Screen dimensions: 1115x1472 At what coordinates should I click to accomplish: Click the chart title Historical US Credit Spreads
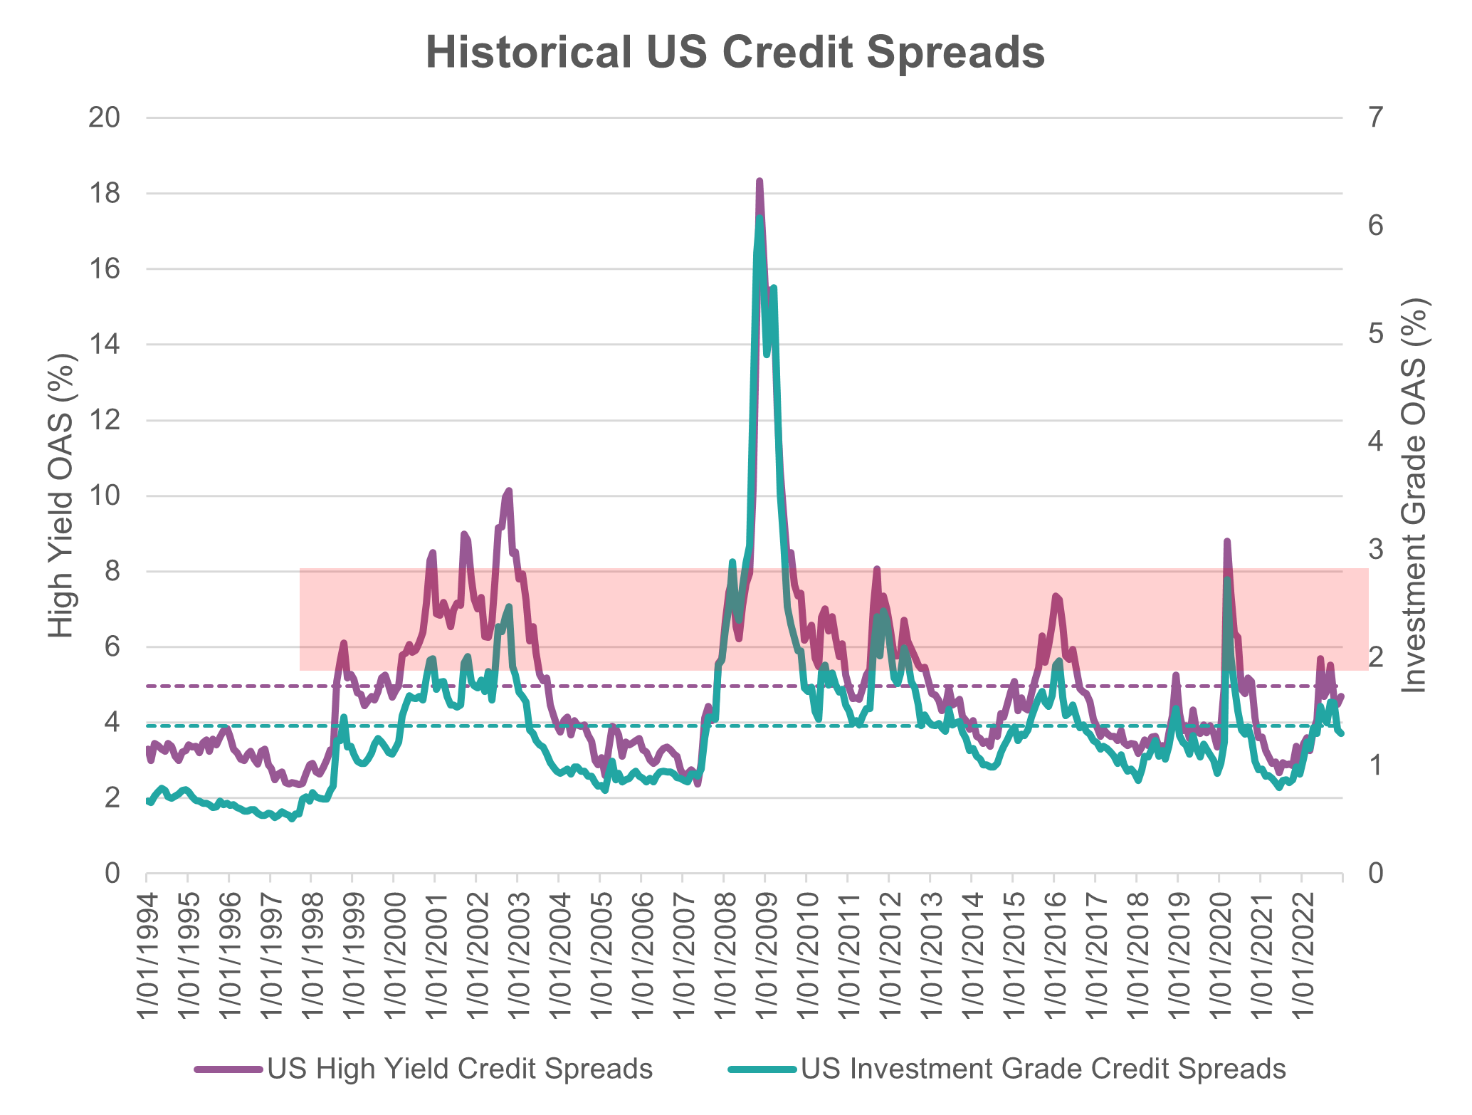tap(735, 53)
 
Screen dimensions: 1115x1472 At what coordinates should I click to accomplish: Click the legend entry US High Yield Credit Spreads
tap(460, 1069)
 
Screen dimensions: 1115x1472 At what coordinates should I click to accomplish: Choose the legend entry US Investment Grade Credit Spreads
tap(1043, 1069)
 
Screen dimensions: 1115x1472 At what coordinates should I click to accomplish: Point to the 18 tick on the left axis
tap(102, 194)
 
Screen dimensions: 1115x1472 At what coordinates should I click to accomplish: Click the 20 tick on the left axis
tap(102, 118)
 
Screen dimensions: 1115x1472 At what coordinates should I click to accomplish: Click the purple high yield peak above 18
tap(759, 182)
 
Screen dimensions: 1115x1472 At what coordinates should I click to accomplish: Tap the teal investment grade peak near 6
tap(759, 218)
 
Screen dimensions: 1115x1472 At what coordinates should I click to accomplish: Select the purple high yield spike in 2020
tap(1226, 542)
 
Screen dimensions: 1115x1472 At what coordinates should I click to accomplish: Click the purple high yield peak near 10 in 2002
tap(509, 491)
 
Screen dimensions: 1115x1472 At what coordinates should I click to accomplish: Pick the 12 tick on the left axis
tap(102, 421)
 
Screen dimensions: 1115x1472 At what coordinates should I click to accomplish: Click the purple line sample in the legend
tap(228, 1069)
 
